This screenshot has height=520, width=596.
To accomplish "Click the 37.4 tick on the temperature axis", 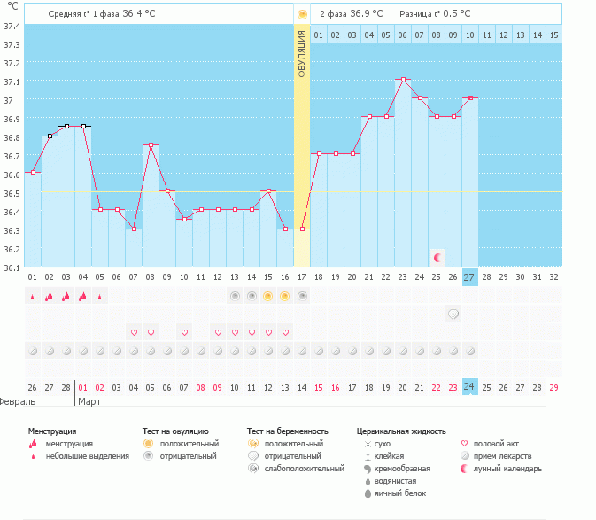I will point(12,26).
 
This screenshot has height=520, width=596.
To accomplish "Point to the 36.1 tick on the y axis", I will point(12,267).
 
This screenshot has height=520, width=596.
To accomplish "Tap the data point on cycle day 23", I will point(403,80).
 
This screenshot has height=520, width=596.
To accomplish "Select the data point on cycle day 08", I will point(151,145).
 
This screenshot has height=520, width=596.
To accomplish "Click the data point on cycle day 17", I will point(302,229).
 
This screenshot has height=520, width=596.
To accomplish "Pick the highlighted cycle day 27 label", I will point(469,276).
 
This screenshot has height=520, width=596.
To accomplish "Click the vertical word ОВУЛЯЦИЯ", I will point(302,54).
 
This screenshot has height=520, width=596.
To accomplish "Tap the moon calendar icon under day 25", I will point(437,258).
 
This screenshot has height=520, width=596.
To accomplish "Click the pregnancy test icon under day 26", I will point(453,314).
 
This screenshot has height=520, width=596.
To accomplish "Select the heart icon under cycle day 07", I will point(134,332).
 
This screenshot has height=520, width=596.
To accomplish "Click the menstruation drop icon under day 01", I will point(33,296).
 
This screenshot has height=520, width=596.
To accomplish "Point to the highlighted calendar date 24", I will point(469,387).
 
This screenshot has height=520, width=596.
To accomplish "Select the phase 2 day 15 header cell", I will point(553,35).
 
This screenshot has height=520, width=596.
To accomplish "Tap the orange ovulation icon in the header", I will point(302,14).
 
